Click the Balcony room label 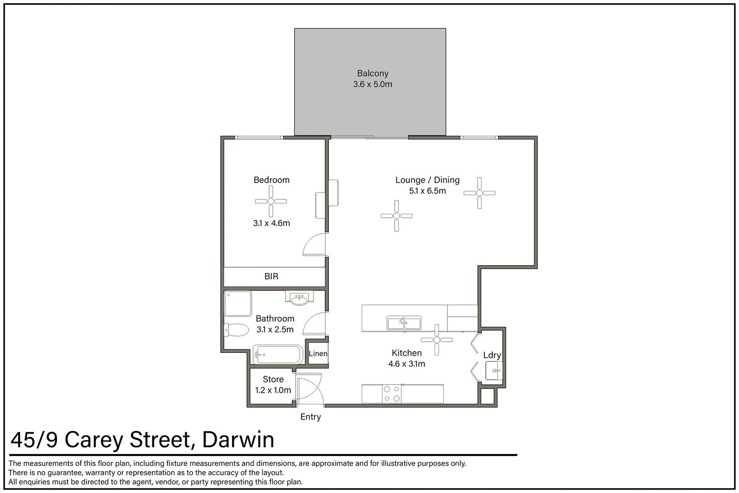pos(372,73)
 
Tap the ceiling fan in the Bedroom pos(271,201)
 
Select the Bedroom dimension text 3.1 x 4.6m pos(271,223)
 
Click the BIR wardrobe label pos(271,276)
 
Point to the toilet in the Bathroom pos(236,330)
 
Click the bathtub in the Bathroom pos(277,355)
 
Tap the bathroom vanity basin pos(299,299)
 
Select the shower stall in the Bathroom pos(238,304)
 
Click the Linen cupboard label pos(317,353)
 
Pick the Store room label pos(273,379)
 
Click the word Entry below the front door pos(310,417)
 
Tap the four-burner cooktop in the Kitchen pos(391,394)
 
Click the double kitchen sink pos(404,323)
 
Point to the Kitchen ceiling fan pos(437,340)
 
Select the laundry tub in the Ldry pos(493,370)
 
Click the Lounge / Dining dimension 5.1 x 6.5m pos(427,191)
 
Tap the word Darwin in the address pos(238,440)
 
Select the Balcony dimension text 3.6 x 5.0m pos(372,84)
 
